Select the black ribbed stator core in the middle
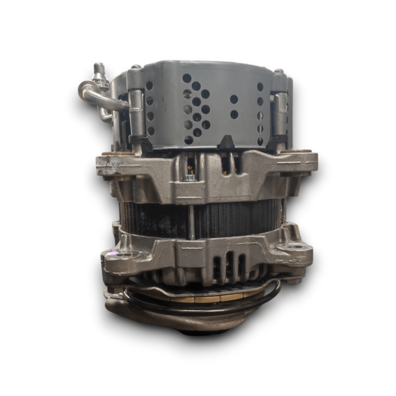tap(231, 214)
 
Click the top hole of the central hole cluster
tap(187, 79)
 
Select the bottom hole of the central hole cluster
tap(188, 140)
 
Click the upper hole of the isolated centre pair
tap(234, 99)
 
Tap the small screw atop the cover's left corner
tap(135, 67)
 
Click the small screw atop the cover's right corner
tap(279, 71)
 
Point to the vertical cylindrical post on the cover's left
tap(138, 112)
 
